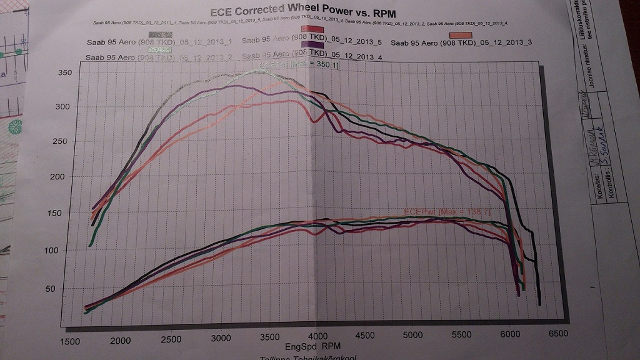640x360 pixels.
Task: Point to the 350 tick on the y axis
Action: [x=65, y=73]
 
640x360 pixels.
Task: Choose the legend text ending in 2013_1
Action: [x=159, y=42]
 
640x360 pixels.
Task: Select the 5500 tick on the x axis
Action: [x=461, y=337]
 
